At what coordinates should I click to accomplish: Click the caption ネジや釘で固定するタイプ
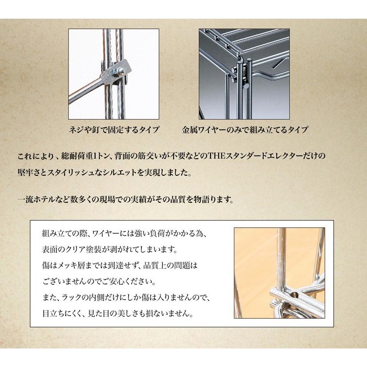[114, 131]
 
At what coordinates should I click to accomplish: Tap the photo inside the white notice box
[279, 273]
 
